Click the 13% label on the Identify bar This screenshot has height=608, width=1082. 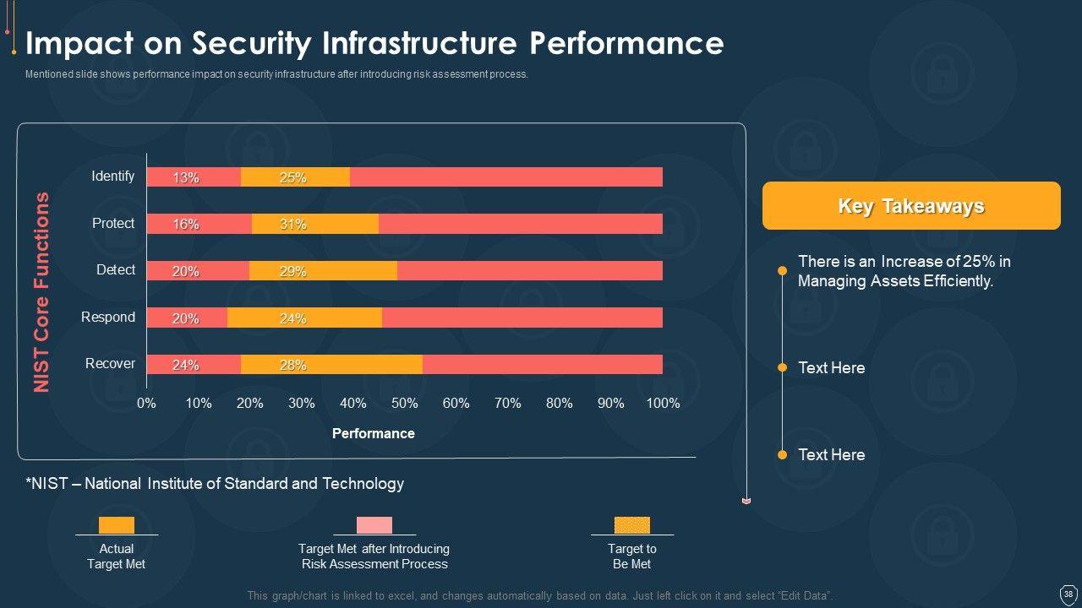[186, 177]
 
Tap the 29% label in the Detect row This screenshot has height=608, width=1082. [292, 271]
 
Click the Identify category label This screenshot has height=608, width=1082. [113, 176]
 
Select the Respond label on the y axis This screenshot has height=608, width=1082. [108, 317]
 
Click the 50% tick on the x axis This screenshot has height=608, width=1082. [404, 404]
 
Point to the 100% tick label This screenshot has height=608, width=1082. [663, 404]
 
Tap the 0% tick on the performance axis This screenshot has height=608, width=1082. [146, 404]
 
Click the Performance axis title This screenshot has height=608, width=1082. [373, 433]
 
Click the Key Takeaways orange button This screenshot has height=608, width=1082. [911, 206]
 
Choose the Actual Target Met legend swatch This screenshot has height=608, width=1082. [117, 525]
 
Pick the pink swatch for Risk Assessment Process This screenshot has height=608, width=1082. [374, 525]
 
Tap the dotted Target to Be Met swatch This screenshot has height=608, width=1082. [632, 525]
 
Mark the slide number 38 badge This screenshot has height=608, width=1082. [1068, 594]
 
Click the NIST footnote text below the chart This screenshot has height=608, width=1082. [215, 484]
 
